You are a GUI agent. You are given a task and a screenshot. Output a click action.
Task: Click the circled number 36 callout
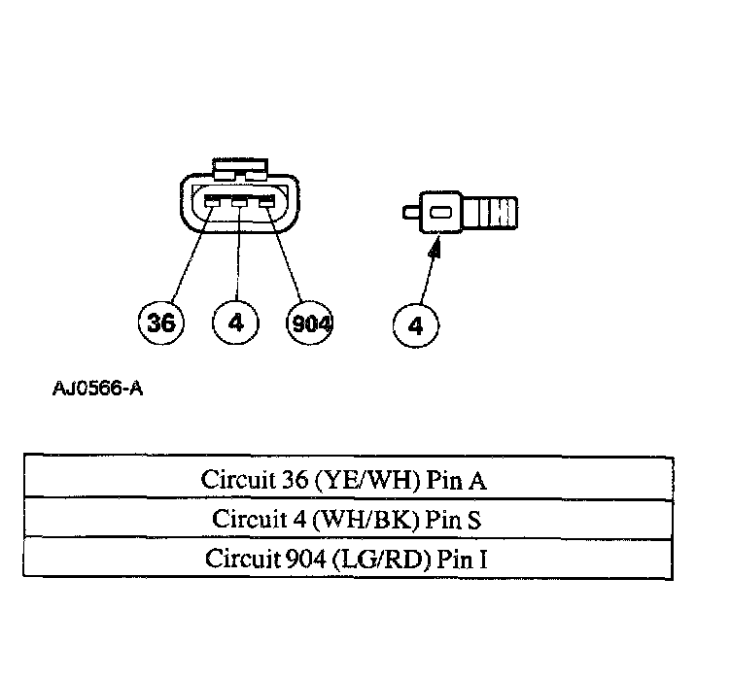pyautogui.click(x=159, y=323)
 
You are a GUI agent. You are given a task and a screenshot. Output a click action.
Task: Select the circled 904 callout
pyautogui.click(x=309, y=323)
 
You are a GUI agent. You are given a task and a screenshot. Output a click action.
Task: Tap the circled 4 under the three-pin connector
pyautogui.click(x=236, y=323)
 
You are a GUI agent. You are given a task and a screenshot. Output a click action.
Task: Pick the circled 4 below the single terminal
pyautogui.click(x=416, y=325)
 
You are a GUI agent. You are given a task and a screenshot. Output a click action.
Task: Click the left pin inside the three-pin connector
pyautogui.click(x=212, y=202)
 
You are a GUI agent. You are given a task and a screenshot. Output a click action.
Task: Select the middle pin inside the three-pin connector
pyautogui.click(x=239, y=202)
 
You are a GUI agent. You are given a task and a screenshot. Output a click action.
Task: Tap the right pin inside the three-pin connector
pyautogui.click(x=265, y=202)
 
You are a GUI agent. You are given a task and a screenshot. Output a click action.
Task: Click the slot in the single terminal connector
pyautogui.click(x=440, y=213)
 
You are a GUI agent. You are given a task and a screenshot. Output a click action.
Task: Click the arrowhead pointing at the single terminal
pyautogui.click(x=435, y=249)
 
